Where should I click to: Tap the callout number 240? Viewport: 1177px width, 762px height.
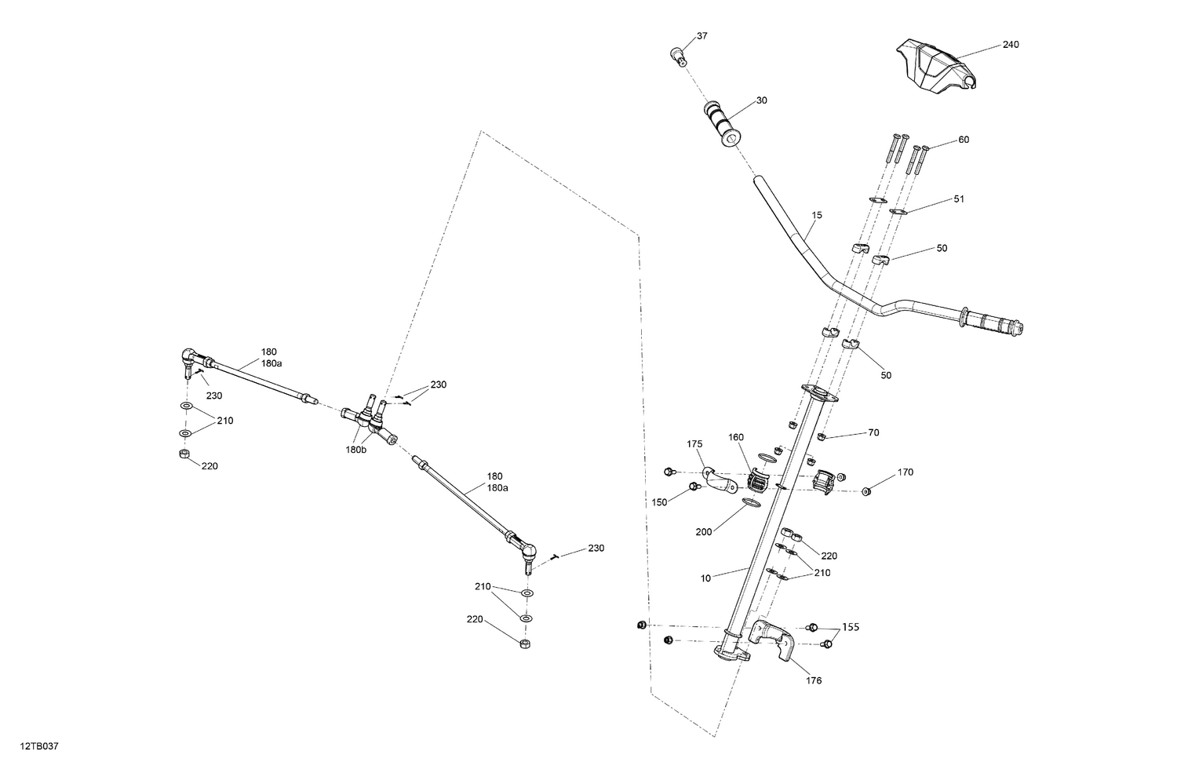(1011, 45)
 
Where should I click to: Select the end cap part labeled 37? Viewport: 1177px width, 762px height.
(679, 54)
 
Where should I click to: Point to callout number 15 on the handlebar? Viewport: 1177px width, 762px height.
(817, 214)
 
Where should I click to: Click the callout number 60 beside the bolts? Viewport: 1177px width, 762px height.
(964, 140)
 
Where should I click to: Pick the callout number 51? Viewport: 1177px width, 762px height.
(959, 199)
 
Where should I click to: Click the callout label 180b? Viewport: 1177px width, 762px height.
(355, 450)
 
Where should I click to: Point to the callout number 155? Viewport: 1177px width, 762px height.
(851, 628)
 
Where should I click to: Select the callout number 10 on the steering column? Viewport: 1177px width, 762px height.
(705, 578)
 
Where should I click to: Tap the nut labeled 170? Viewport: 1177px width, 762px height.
(866, 491)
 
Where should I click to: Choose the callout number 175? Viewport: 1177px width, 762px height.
(695, 444)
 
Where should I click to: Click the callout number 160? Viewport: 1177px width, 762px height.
(735, 437)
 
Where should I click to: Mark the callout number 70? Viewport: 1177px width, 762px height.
(873, 432)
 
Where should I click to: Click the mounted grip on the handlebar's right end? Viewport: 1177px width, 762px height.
(993, 323)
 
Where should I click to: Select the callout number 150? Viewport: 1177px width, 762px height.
(659, 501)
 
